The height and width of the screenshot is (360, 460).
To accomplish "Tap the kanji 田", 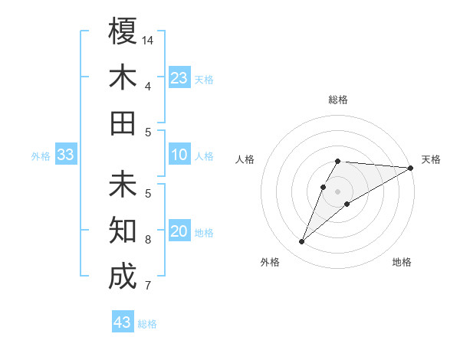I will pyautogui.click(x=123, y=123).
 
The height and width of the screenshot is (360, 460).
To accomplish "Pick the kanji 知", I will pyautogui.click(x=123, y=230).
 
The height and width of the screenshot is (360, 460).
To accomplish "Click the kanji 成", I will pyautogui.click(x=123, y=276).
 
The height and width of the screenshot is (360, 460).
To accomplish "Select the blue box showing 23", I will pyautogui.click(x=179, y=78).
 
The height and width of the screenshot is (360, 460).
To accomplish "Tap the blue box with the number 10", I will pyautogui.click(x=179, y=155).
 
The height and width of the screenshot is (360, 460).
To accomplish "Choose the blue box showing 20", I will pyautogui.click(x=179, y=232).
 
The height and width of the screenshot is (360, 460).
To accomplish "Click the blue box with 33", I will pyautogui.click(x=66, y=155).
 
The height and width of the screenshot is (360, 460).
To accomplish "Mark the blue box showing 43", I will pyautogui.click(x=123, y=322).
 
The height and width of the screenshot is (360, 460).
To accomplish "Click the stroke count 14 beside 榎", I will pyautogui.click(x=148, y=40).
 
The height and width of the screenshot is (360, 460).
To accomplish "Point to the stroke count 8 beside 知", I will pyautogui.click(x=148, y=240).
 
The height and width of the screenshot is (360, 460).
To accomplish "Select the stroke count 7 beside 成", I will pyautogui.click(x=148, y=286).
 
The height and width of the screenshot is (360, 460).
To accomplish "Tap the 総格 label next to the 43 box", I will pyautogui.click(x=147, y=324).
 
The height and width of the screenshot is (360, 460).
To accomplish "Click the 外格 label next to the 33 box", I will pyautogui.click(x=41, y=156).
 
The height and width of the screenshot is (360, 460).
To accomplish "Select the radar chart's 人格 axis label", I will pyautogui.click(x=245, y=159).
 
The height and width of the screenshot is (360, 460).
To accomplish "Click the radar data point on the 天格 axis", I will pyautogui.click(x=411, y=169).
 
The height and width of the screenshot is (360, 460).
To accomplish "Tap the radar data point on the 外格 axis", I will pyautogui.click(x=301, y=242).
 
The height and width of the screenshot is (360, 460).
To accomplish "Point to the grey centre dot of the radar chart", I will pyautogui.click(x=337, y=191).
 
